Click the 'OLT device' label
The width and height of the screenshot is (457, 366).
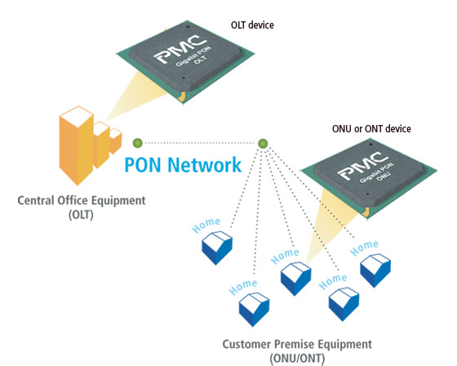click(252, 25)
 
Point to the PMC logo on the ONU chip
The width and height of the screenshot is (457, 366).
click(363, 165)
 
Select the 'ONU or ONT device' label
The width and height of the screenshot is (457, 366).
click(371, 129)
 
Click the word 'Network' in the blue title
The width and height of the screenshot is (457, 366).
click(205, 164)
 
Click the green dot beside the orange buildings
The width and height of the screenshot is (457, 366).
click(138, 143)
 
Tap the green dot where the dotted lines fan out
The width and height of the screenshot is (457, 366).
click(263, 143)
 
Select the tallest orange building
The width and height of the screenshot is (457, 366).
click(77, 145)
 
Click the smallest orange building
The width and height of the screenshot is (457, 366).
click(116, 141)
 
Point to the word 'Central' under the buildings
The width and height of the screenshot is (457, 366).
click(36, 200)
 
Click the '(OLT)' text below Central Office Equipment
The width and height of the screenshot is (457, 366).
click(82, 215)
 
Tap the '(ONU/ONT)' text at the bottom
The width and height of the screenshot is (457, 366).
click(297, 358)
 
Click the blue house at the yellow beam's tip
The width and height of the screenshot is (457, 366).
click(295, 278)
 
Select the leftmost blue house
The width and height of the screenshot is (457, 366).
click(217, 248)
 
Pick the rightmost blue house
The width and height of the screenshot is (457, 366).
click(375, 270)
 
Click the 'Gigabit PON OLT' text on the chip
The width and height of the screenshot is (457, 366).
click(194, 57)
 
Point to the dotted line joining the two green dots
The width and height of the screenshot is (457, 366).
click(200, 143)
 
